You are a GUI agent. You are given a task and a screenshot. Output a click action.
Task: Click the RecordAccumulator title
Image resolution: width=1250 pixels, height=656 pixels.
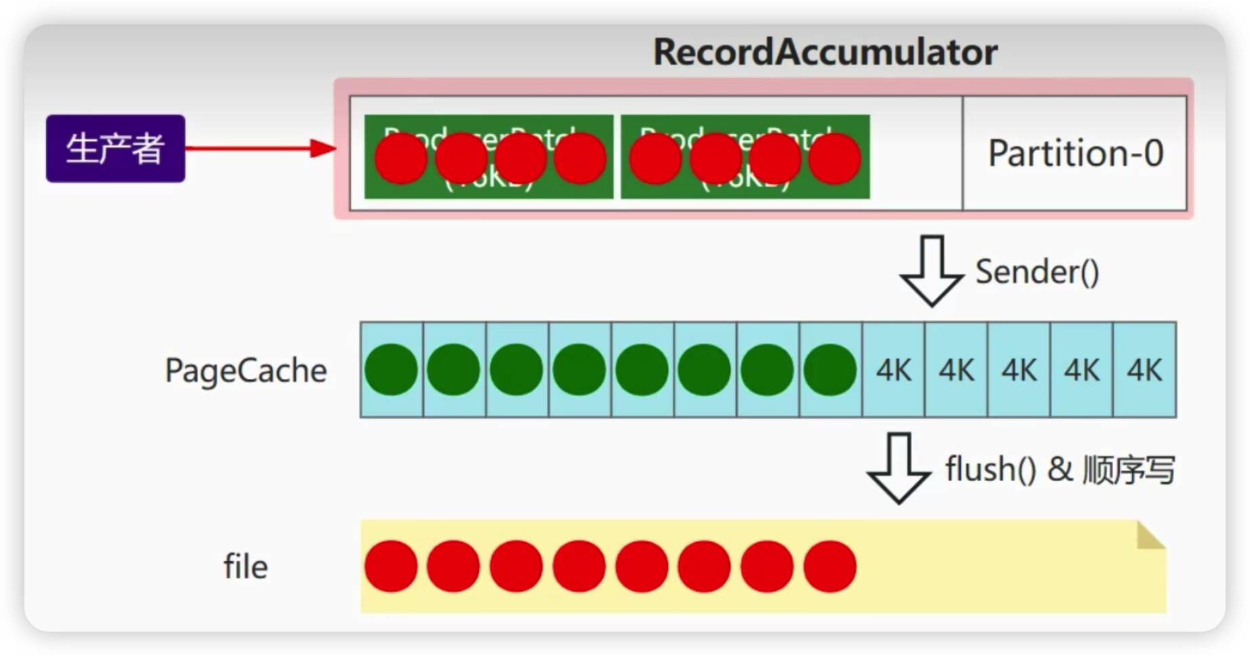pyautogui.click(x=825, y=52)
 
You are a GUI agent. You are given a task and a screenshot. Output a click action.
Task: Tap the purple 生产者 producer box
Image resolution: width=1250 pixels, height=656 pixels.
pyautogui.click(x=115, y=148)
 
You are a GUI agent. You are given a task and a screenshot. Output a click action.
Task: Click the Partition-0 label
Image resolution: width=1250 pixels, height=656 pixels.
pyautogui.click(x=1075, y=153)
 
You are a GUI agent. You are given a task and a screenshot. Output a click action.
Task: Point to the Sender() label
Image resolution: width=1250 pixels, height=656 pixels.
pyautogui.click(x=1037, y=272)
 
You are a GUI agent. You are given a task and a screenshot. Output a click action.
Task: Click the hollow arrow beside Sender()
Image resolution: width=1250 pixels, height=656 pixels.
pyautogui.click(x=932, y=270)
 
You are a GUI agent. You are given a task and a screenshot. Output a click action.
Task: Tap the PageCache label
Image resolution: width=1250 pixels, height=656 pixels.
pyautogui.click(x=245, y=371)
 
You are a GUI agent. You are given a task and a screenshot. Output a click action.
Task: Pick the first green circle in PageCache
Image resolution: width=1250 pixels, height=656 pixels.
pyautogui.click(x=391, y=370)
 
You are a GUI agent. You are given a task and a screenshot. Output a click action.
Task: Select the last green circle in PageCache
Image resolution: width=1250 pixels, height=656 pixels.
pyautogui.click(x=830, y=370)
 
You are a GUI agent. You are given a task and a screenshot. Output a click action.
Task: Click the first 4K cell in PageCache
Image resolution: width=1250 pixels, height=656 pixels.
pyautogui.click(x=893, y=370)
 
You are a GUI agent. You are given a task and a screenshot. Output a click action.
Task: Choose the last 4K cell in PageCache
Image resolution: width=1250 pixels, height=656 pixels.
pyautogui.click(x=1144, y=370)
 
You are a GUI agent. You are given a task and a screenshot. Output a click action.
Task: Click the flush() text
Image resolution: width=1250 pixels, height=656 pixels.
pyautogui.click(x=990, y=469)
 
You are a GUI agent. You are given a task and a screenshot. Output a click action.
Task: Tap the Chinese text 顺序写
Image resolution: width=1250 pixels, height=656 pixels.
pyautogui.click(x=1128, y=470)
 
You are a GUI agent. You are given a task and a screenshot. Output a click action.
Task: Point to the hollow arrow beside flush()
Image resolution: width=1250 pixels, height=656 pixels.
pyautogui.click(x=899, y=468)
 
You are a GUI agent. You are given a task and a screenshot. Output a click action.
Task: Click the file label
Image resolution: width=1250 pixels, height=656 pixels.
pyautogui.click(x=245, y=567)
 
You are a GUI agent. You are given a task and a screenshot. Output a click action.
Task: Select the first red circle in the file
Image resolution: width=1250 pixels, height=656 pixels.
pyautogui.click(x=391, y=567)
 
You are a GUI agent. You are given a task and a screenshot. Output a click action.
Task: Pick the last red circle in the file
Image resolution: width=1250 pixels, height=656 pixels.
pyautogui.click(x=830, y=567)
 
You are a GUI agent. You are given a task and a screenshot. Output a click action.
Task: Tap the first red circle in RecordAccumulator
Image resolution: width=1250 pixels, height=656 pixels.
pyautogui.click(x=401, y=159)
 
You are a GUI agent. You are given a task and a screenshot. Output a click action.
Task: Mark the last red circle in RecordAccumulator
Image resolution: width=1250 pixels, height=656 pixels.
pyautogui.click(x=834, y=159)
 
